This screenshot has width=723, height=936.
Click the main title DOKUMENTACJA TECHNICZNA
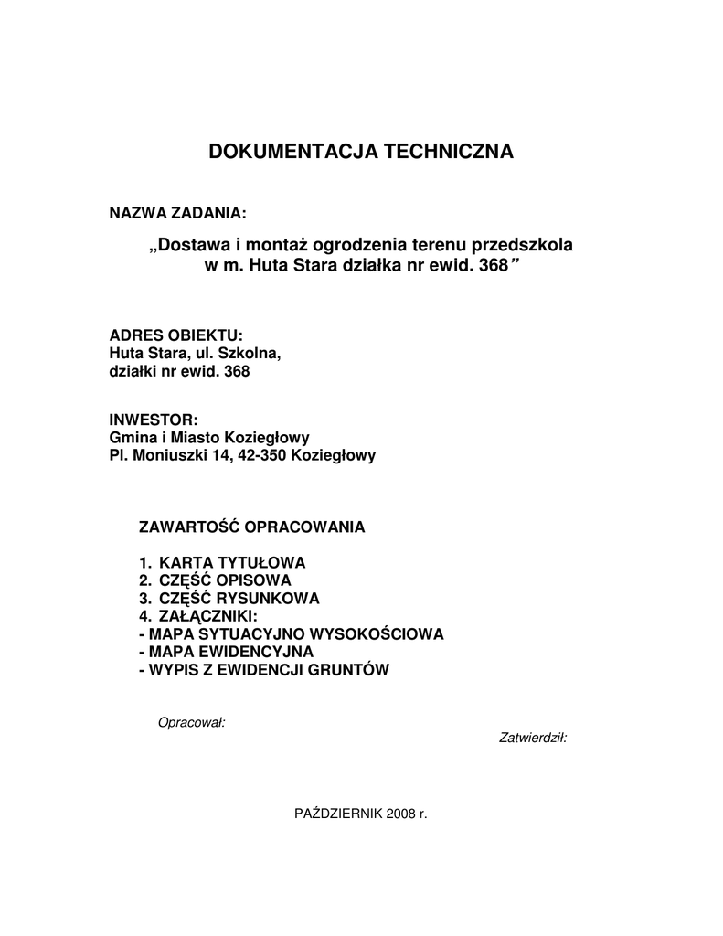pyautogui.click(x=361, y=152)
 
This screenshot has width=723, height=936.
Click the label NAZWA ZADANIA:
pyautogui.click(x=178, y=214)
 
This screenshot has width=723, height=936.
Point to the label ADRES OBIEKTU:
pyautogui.click(x=176, y=335)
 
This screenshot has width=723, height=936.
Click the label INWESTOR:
pyautogui.click(x=153, y=419)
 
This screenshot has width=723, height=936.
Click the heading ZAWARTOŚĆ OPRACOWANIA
pyautogui.click(x=251, y=527)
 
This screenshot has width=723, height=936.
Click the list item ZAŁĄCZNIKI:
pyautogui.click(x=208, y=616)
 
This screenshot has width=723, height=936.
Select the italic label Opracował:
pyautogui.click(x=192, y=722)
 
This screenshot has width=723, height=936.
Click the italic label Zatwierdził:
pyautogui.click(x=533, y=738)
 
